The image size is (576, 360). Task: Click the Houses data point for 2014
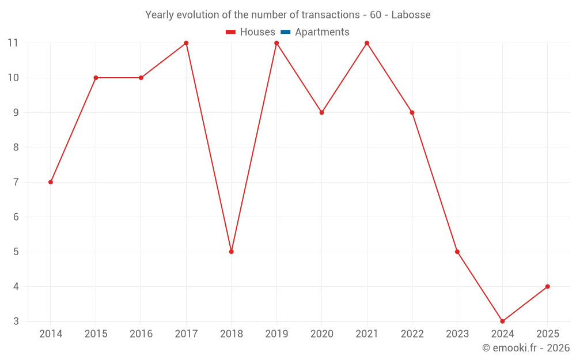[51, 182]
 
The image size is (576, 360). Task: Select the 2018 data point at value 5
[232, 252]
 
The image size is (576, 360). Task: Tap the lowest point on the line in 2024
[502, 321]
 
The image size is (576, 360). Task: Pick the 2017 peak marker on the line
[186, 43]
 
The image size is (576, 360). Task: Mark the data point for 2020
[321, 112]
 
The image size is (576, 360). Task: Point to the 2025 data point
[547, 286]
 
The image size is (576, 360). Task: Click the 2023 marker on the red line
[457, 252]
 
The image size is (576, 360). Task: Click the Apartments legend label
[322, 32]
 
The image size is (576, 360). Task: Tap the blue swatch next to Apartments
[285, 32]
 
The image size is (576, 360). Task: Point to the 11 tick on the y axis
[13, 43]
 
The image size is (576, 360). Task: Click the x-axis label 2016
[141, 334]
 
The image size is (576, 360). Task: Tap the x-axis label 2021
[367, 334]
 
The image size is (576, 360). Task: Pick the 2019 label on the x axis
[276, 334]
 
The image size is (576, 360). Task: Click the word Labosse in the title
[411, 15]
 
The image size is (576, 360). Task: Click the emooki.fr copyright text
[526, 348]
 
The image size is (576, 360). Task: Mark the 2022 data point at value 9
[412, 112]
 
